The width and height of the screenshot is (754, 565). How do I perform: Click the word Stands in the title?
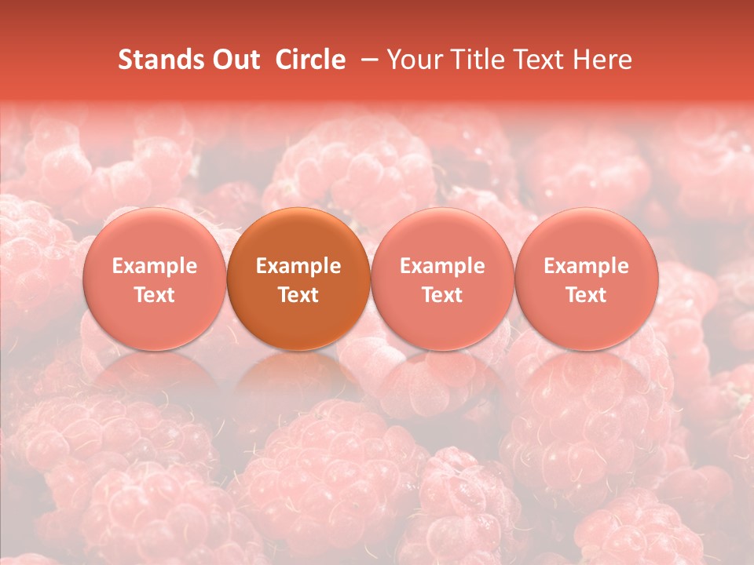pyautogui.click(x=156, y=60)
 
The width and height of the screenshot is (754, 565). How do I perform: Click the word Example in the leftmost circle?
pyautogui.click(x=155, y=266)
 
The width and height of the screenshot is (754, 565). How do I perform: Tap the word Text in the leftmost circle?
pyautogui.click(x=155, y=295)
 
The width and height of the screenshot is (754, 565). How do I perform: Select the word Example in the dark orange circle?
pyautogui.click(x=298, y=266)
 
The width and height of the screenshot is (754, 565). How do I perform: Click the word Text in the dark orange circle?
pyautogui.click(x=298, y=295)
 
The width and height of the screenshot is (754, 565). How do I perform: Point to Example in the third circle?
pyautogui.click(x=442, y=266)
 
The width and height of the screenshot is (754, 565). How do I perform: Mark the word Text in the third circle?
pyautogui.click(x=442, y=295)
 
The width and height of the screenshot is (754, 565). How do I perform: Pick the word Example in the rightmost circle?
pyautogui.click(x=586, y=266)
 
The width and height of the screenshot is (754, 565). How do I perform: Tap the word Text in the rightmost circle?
pyautogui.click(x=586, y=295)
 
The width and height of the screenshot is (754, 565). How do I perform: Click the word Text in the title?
pyautogui.click(x=536, y=60)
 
